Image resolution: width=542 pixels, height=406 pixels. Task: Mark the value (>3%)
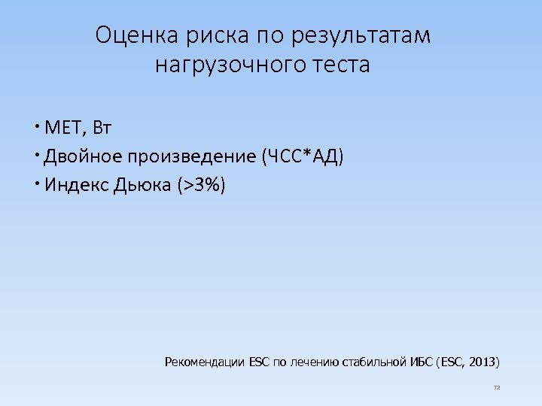click(201, 185)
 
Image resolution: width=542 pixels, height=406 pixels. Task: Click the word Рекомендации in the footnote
click(203, 362)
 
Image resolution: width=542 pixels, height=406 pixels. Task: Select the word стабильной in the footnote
click(376, 362)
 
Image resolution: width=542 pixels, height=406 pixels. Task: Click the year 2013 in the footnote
click(482, 362)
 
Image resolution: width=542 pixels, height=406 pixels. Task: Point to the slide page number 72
click(496, 388)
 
